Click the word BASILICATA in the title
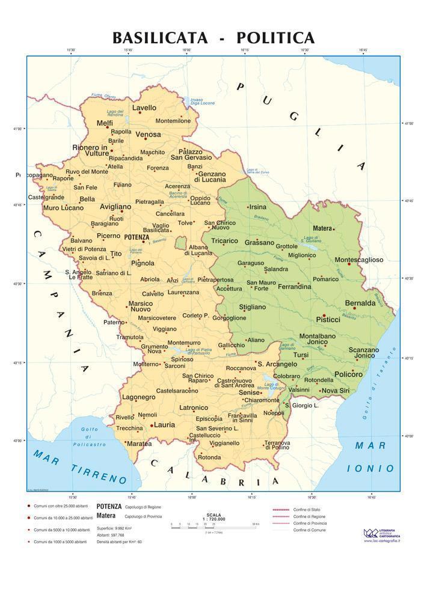coord(160,38)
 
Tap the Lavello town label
coord(144,108)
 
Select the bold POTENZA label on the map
coord(135,237)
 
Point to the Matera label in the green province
coord(322,228)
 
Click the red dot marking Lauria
coord(151,425)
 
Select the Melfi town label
coord(105,123)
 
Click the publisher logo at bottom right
coord(372,532)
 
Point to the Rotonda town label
coord(209,457)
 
